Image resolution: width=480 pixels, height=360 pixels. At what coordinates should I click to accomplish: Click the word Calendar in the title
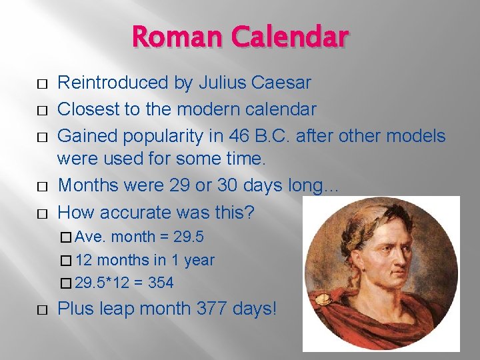coord(289,37)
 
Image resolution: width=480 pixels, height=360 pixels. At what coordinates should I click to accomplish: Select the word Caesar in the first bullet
coord(283,83)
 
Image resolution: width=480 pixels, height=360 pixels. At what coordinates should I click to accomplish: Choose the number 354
coord(161,283)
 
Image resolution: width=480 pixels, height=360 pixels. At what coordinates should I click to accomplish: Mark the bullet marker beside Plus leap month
coord(42,310)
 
